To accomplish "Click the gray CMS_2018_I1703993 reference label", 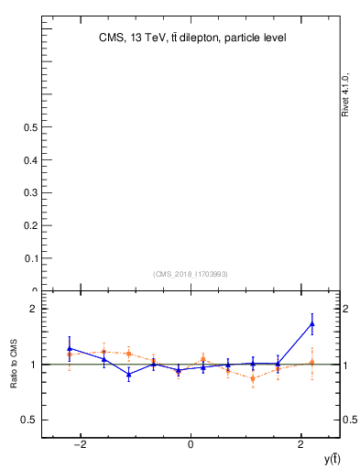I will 191,274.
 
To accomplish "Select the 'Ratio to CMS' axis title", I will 15,364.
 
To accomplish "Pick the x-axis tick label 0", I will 191,444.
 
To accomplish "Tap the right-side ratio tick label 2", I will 349,309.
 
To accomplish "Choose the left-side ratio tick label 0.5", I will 27,420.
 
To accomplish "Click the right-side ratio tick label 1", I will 349,365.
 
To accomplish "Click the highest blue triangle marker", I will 312,323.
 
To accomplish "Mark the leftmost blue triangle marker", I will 70,348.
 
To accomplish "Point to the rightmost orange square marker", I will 312,363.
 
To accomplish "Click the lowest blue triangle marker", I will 129,374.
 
